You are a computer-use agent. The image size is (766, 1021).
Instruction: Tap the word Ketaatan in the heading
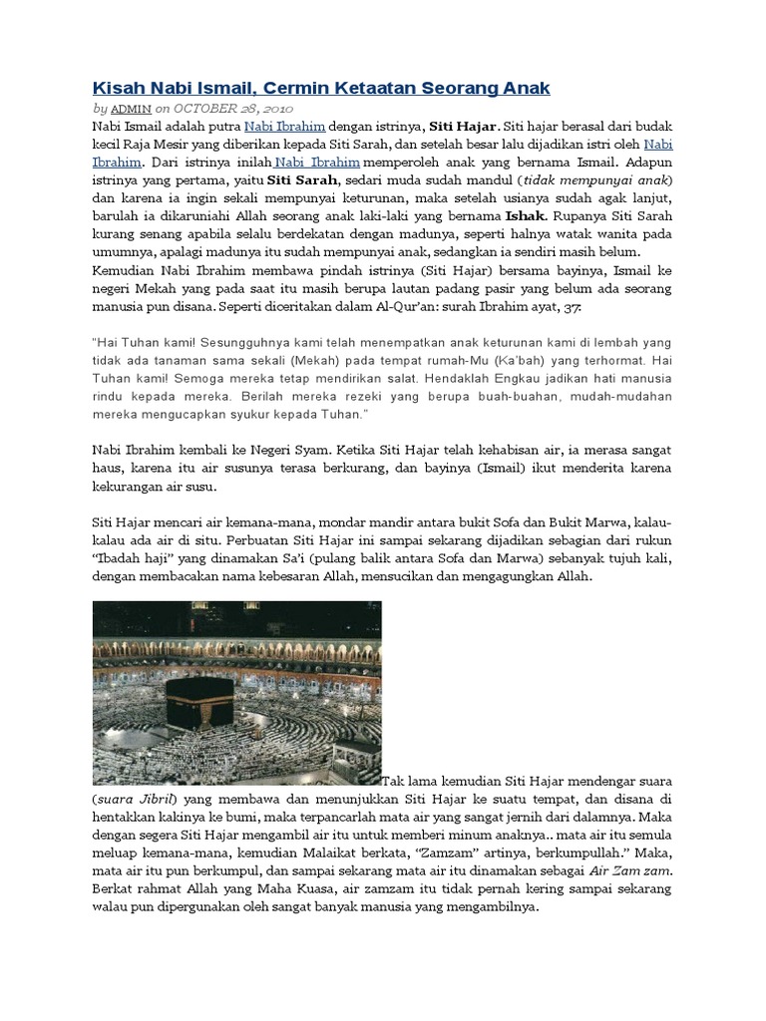pos(373,89)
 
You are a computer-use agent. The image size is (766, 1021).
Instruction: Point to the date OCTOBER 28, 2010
pos(232,108)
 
